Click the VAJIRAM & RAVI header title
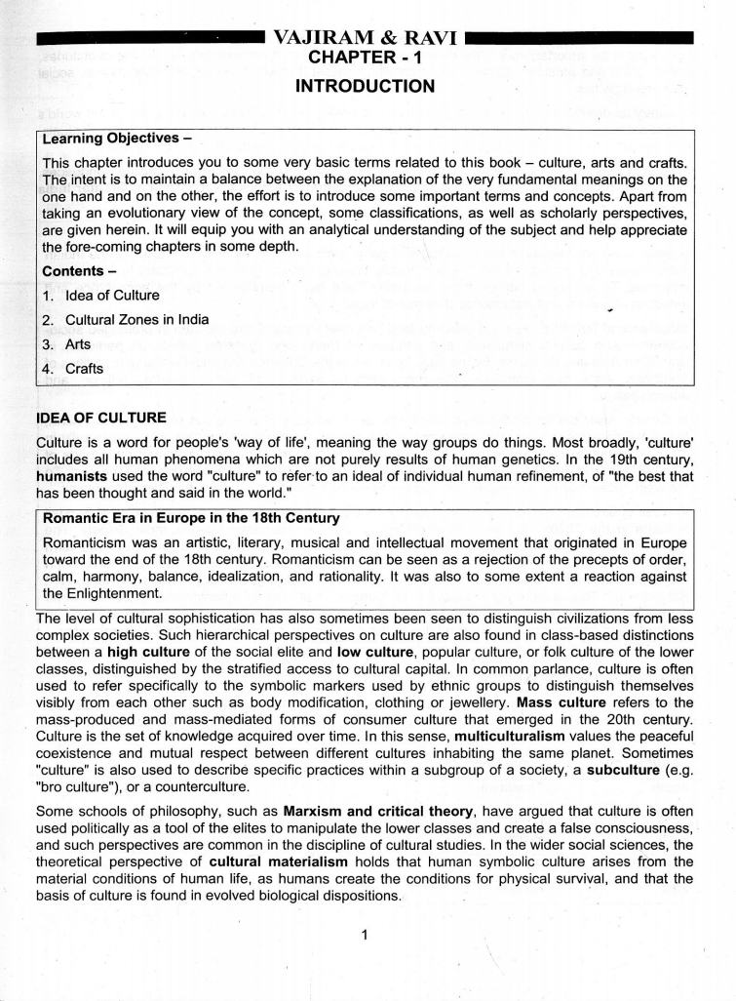pyautogui.click(x=367, y=39)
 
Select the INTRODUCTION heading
pyautogui.click(x=366, y=87)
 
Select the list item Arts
pyautogui.click(x=82, y=344)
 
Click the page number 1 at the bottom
pyautogui.click(x=364, y=936)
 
